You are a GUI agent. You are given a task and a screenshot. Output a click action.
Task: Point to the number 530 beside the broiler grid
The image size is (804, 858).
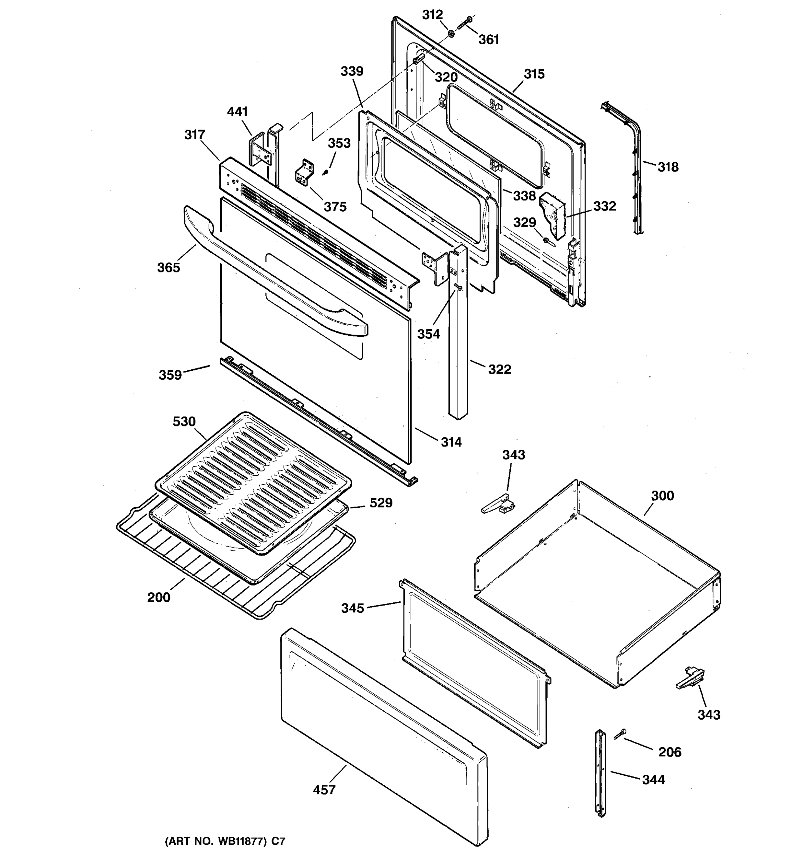point(184,421)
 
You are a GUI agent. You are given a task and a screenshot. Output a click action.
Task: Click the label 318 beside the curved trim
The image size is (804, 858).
point(668,167)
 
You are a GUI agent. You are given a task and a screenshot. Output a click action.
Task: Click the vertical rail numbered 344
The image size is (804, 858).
point(600,773)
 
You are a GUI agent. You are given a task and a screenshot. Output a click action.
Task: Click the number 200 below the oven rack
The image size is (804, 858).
point(159,597)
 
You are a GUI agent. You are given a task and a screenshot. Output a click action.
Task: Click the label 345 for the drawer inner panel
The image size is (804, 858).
point(353,608)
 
